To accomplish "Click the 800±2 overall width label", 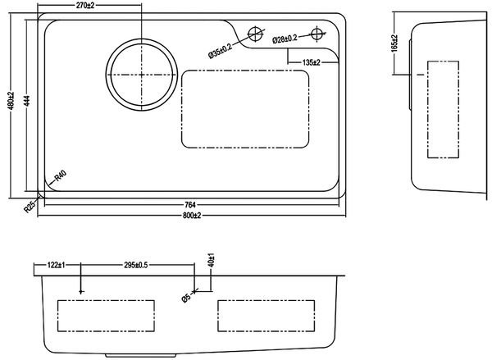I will tap(193, 215).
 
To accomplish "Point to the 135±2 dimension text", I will tap(309, 62).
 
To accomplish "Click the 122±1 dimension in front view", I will tap(56, 266).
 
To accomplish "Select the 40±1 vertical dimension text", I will tap(212, 262).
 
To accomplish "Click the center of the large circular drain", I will tap(141, 74).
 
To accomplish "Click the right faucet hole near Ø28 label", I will tap(317, 34).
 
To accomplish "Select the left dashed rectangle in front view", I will tap(107, 316).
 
